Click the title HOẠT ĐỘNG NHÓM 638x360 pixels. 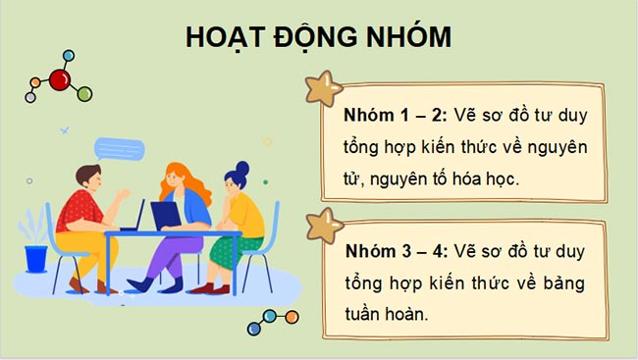pos(319,37)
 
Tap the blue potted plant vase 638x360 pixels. pos(36,259)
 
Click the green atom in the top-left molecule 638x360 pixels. pos(84,94)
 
